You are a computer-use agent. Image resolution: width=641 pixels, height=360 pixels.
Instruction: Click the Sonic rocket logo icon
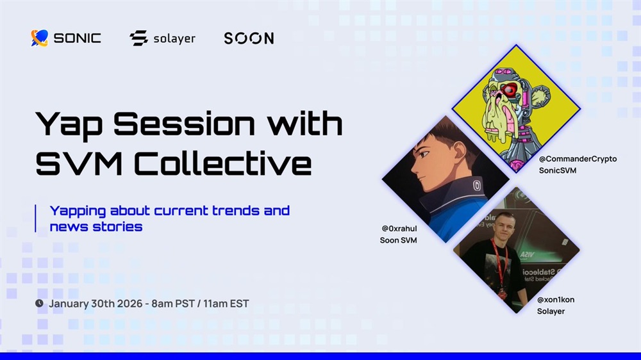pyautogui.click(x=40, y=38)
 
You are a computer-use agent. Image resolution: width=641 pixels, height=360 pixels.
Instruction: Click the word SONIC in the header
pyautogui.click(x=78, y=38)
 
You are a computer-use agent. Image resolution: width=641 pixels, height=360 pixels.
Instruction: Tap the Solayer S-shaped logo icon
pyautogui.click(x=138, y=38)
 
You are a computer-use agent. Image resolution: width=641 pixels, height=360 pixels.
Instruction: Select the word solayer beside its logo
pyautogui.click(x=174, y=39)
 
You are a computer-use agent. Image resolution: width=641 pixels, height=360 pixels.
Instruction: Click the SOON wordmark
pyautogui.click(x=249, y=38)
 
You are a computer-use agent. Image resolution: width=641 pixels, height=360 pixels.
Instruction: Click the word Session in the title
pyautogui.click(x=184, y=123)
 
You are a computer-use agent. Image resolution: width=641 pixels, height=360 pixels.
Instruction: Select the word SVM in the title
pyautogui.click(x=79, y=163)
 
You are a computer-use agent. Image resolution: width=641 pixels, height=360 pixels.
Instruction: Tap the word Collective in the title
pyautogui.click(x=223, y=163)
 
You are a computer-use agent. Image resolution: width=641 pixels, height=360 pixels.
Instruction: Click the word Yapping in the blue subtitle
pyautogui.click(x=78, y=211)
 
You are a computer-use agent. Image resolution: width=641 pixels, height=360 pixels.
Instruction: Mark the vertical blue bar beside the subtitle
pyautogui.click(x=35, y=218)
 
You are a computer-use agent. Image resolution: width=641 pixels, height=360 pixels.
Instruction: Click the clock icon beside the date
pyautogui.click(x=39, y=303)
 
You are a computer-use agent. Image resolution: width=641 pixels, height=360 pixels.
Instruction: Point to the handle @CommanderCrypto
pyautogui.click(x=578, y=159)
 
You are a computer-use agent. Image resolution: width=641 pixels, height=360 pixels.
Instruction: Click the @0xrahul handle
pyautogui.click(x=399, y=229)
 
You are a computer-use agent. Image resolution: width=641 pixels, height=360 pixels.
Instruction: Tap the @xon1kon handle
pyautogui.click(x=556, y=300)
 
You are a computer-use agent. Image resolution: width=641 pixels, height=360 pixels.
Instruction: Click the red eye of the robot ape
pyautogui.click(x=510, y=90)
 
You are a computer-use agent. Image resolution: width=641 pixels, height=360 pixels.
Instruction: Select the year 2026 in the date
pyautogui.click(x=129, y=304)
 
